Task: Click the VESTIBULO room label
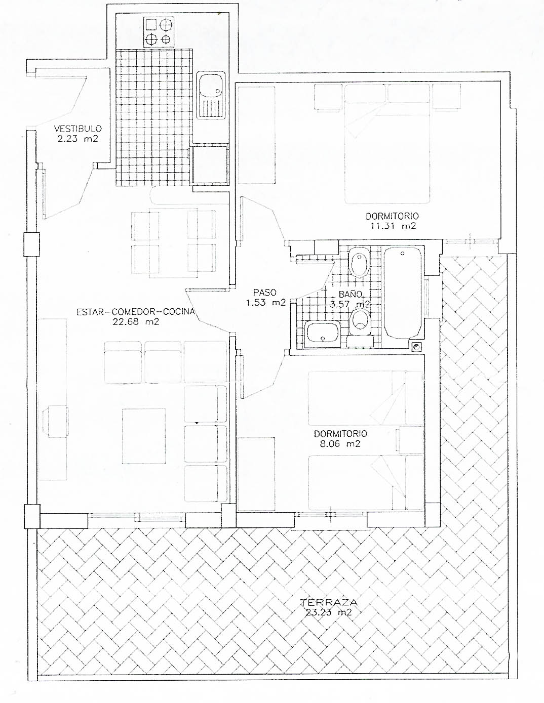78,129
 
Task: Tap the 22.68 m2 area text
136,322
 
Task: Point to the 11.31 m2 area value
393,226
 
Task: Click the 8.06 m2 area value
340,444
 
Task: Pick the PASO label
265,293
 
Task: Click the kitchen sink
211,95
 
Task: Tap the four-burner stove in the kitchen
159,32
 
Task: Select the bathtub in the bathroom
402,293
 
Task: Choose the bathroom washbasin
322,334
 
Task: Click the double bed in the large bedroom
387,144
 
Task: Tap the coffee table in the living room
144,436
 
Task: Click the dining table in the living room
173,243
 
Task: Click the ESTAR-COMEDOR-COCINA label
136,312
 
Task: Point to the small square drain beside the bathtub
416,347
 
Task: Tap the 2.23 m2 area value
78,139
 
